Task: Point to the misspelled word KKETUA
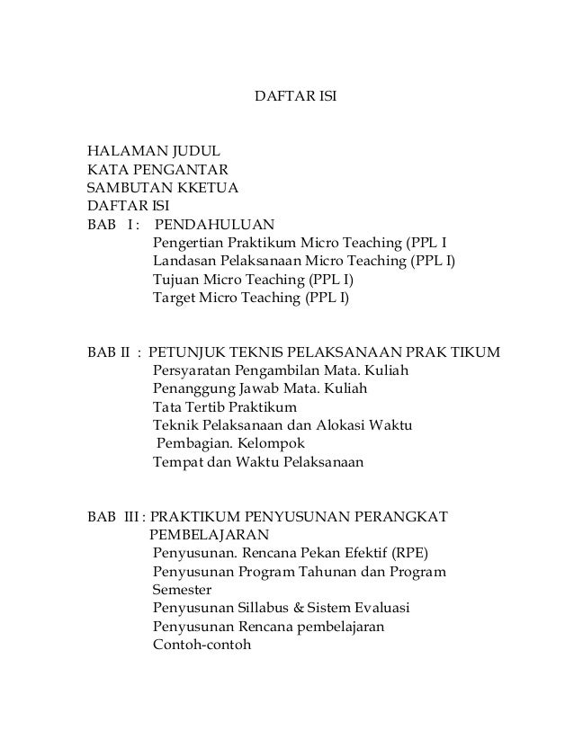[208, 187]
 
